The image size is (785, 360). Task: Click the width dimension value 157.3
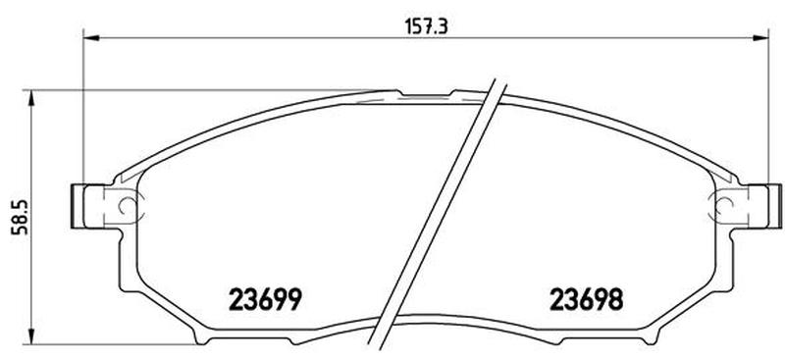tap(426, 26)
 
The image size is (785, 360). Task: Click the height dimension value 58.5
tap(20, 217)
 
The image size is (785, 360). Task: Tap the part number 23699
tap(265, 299)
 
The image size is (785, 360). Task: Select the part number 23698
tap(587, 299)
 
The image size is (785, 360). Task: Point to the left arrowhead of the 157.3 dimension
tap(90, 37)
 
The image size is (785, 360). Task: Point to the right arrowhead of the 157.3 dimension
tap(760, 37)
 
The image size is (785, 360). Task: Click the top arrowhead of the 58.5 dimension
tap(31, 98)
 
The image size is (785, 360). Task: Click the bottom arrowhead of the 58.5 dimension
tap(31, 336)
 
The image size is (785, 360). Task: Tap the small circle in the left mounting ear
tap(127, 205)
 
